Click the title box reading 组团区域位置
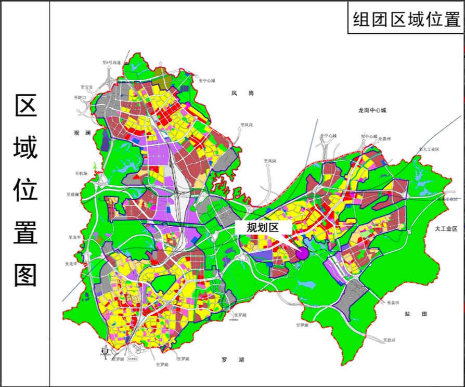click(x=405, y=20)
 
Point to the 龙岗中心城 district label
click(x=372, y=110)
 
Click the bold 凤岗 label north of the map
click(x=242, y=93)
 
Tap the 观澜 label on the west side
click(x=82, y=133)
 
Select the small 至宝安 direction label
click(x=86, y=87)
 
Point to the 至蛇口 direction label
click(x=82, y=97)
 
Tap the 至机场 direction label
click(x=81, y=173)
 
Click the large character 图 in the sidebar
click(x=25, y=274)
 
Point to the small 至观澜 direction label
click(x=73, y=195)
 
